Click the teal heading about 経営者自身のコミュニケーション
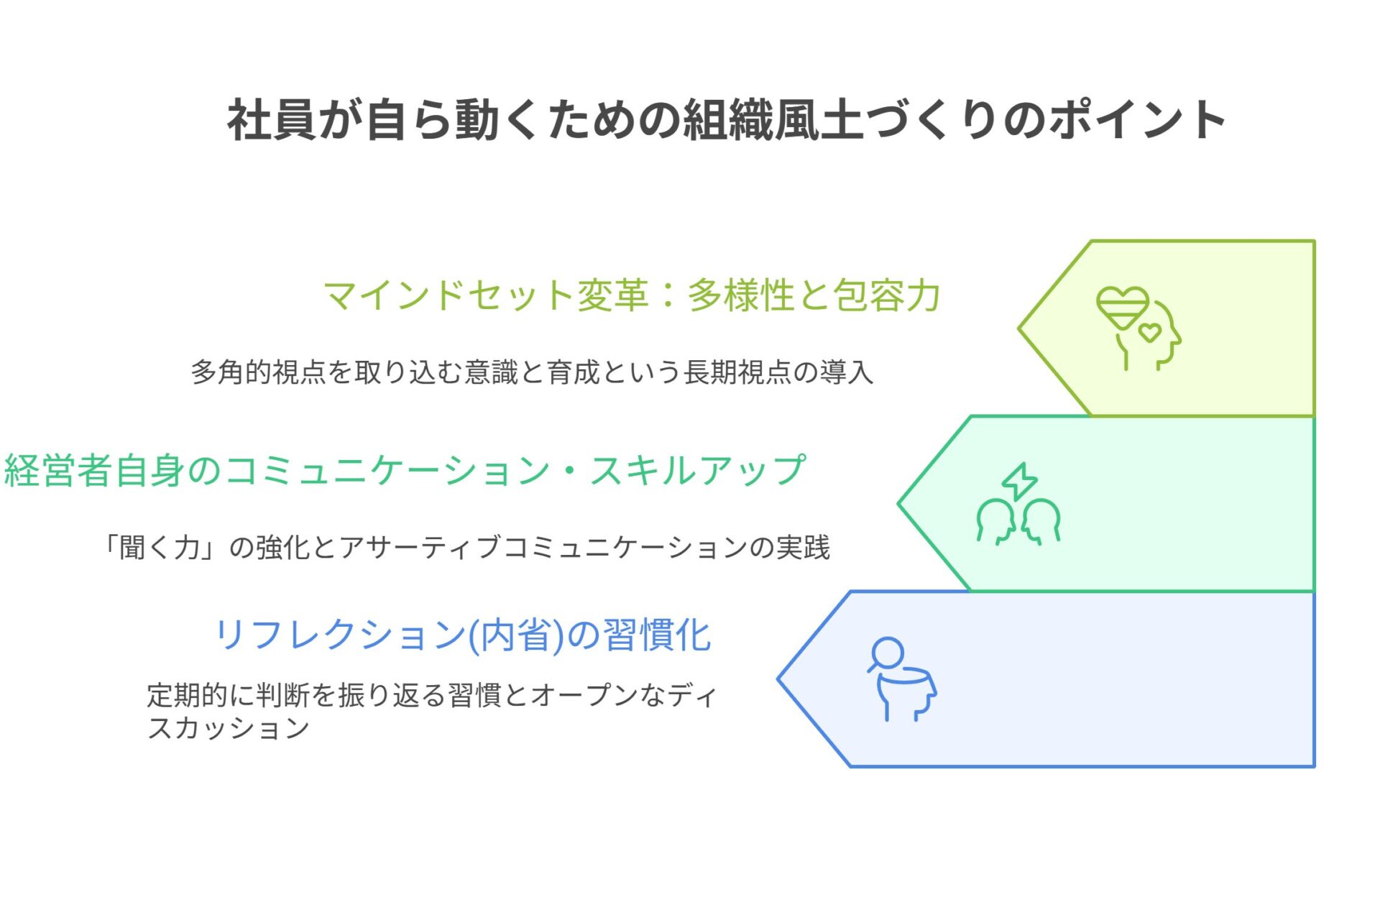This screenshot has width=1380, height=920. pos(405,471)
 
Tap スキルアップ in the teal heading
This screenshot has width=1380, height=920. pos(697,471)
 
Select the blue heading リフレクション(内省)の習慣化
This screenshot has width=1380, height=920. pos(464,635)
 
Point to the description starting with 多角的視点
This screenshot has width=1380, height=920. pos(532,372)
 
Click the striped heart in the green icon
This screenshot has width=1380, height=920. pos(1123,308)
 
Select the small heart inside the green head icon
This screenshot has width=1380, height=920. pos(1150,331)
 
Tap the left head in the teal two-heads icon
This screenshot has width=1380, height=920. pos(995,521)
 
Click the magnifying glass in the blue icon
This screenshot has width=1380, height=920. pos(886,654)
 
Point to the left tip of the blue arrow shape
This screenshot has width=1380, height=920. pos(778,678)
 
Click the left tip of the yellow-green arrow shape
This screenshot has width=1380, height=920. pos(1018,328)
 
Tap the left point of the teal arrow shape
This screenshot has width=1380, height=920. pos(898,504)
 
